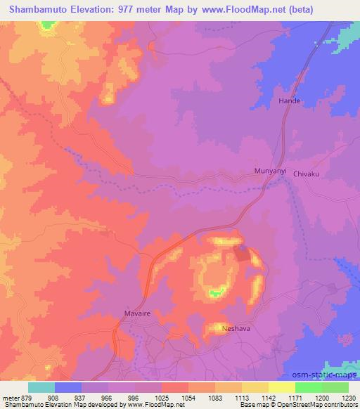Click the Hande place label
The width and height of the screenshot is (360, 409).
coord(290,101)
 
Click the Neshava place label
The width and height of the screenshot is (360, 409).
coord(235,328)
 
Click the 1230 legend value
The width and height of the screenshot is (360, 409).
coord(349,398)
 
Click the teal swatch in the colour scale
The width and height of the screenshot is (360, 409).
coord(41,387)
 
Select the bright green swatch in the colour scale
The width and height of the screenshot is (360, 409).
coord(308,387)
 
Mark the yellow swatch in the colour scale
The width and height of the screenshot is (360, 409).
coord(281,387)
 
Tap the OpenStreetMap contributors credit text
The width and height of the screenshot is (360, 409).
coord(324,405)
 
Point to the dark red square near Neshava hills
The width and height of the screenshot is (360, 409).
coord(241,254)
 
